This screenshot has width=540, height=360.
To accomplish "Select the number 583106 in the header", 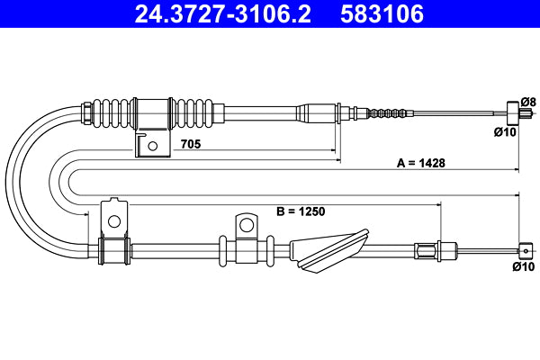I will [x=382, y=14].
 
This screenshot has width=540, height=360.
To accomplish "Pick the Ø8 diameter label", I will [x=528, y=101].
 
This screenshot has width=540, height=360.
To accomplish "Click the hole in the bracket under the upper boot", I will [x=153, y=144].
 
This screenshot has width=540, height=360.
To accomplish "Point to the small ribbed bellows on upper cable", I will [x=389, y=113].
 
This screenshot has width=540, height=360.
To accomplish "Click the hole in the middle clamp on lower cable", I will [x=245, y=222].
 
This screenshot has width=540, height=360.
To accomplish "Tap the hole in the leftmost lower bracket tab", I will [x=114, y=220].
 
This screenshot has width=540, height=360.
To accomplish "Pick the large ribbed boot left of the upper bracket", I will [x=114, y=113].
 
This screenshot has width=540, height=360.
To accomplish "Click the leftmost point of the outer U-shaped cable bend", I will [x=8, y=180].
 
